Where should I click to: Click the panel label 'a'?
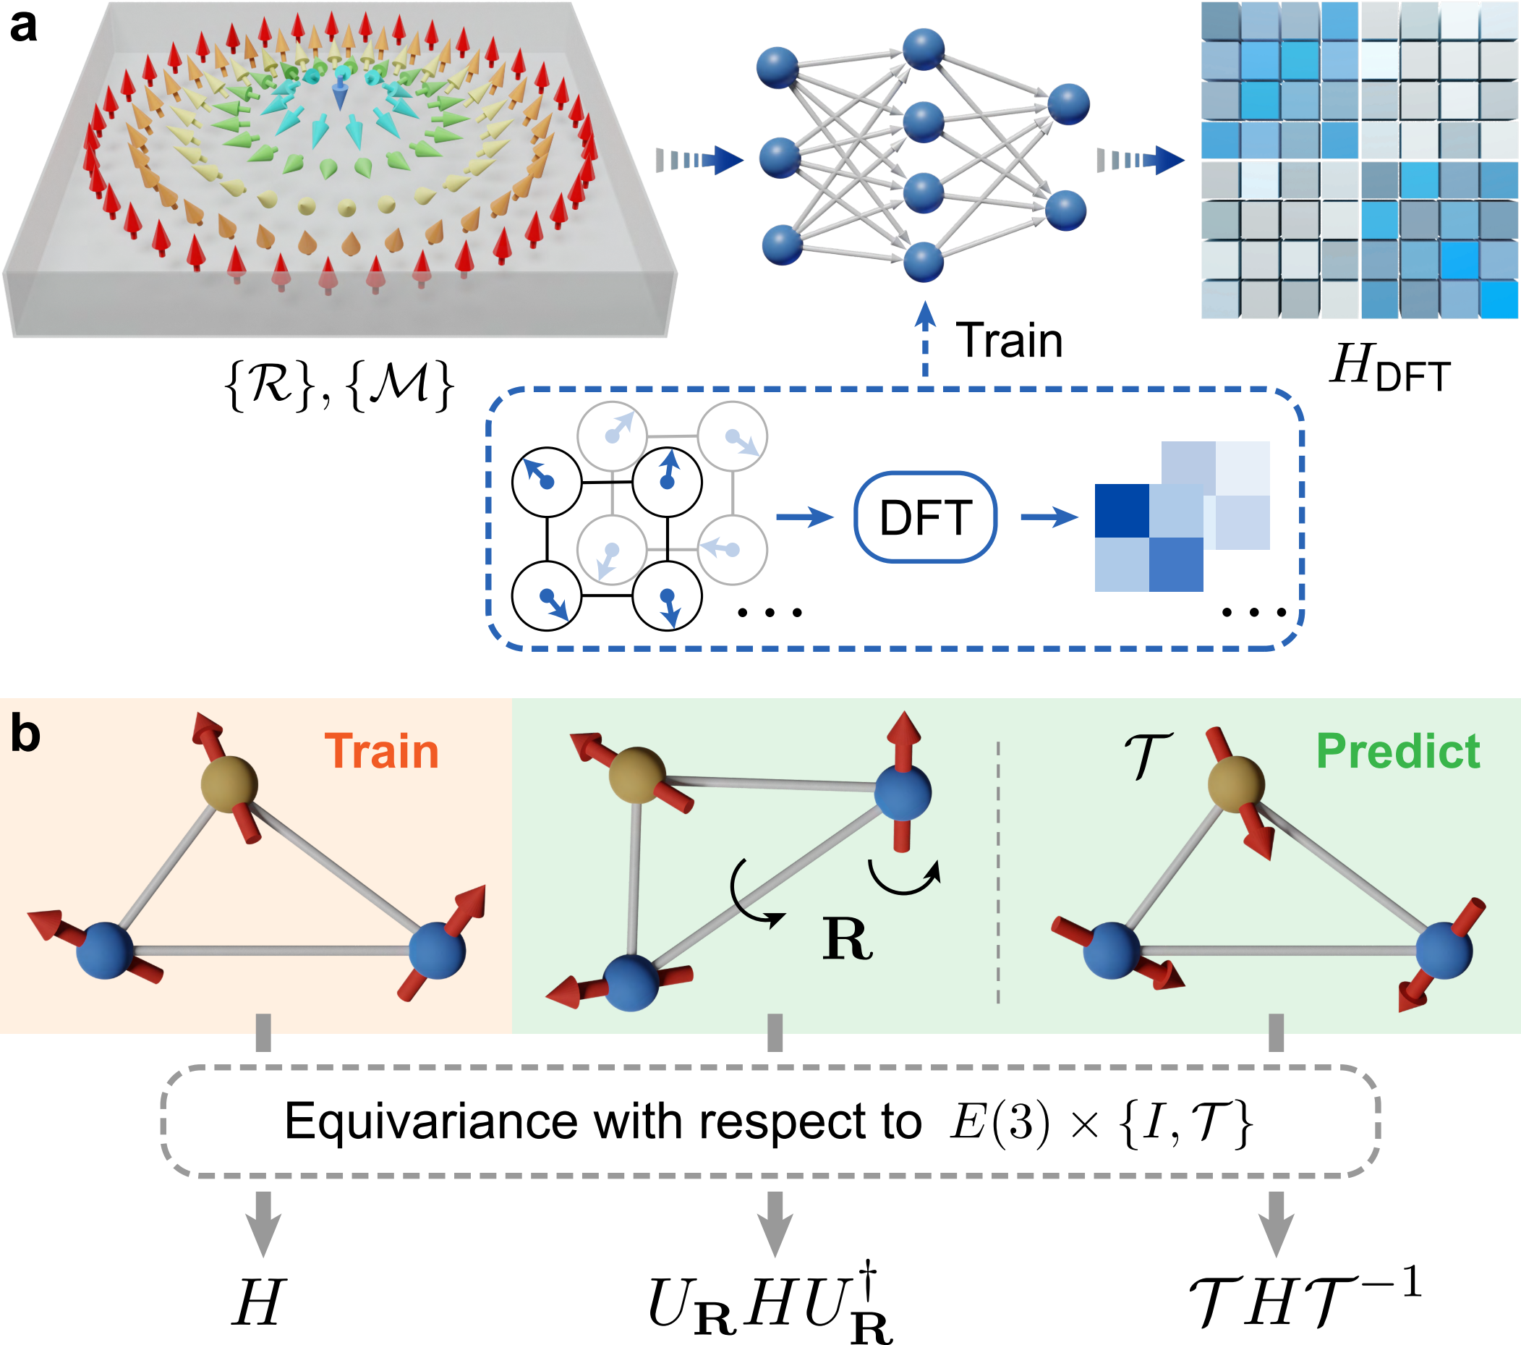[24, 27]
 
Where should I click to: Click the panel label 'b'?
[25, 735]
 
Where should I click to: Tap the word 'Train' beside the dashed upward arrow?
[1009, 341]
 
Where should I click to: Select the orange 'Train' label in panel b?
[382, 751]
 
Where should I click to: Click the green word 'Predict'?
[1397, 751]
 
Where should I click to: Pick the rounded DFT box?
[925, 517]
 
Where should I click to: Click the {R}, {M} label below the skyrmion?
[338, 385]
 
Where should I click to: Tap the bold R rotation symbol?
[847, 940]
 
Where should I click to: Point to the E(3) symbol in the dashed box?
[1000, 1121]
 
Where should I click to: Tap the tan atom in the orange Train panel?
[229, 784]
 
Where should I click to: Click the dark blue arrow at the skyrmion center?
[339, 93]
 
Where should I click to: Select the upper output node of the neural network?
[1068, 104]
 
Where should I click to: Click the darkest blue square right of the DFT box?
[1121, 511]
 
